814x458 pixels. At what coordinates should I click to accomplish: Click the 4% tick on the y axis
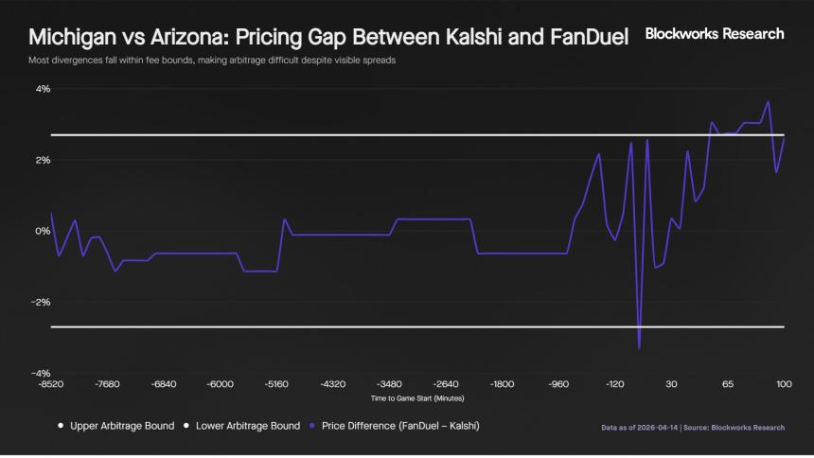(x=44, y=89)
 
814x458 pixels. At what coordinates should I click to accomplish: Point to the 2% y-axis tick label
(x=44, y=160)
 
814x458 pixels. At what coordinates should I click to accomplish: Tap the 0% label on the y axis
(x=44, y=231)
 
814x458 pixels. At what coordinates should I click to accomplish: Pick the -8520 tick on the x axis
(x=51, y=384)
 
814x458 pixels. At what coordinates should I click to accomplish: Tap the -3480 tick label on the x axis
(x=389, y=384)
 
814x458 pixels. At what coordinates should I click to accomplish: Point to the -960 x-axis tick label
(x=558, y=384)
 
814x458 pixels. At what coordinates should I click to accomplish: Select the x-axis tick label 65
(x=728, y=384)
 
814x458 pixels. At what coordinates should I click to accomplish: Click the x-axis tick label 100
(x=784, y=384)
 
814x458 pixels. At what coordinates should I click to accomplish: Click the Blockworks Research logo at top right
(x=714, y=34)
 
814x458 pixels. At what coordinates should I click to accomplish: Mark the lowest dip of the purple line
(x=639, y=347)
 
